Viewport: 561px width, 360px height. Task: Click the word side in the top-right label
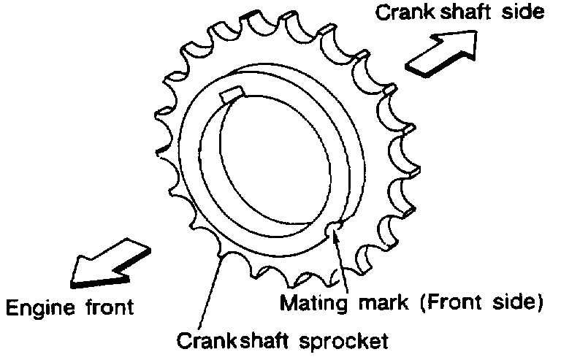(523, 13)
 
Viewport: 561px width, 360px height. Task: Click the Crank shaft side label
(459, 13)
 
